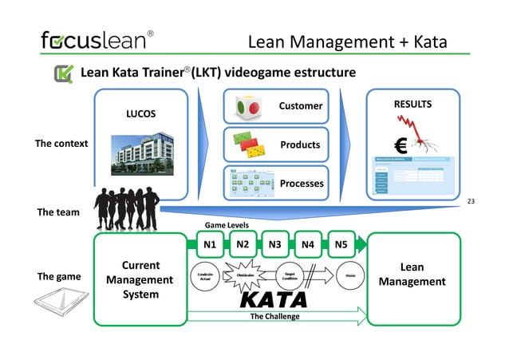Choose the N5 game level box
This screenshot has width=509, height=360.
341,245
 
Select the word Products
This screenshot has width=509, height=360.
300,144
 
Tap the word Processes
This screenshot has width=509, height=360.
301,183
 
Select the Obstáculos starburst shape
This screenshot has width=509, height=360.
245,275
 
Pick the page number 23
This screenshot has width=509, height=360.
470,201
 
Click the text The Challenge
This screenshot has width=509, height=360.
274,316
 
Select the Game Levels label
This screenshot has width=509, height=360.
228,226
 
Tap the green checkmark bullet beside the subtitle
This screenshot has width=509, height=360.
64,74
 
